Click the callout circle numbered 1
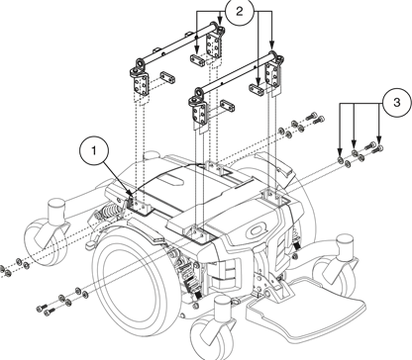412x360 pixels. point(95,151)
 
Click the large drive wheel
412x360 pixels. point(134,278)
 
